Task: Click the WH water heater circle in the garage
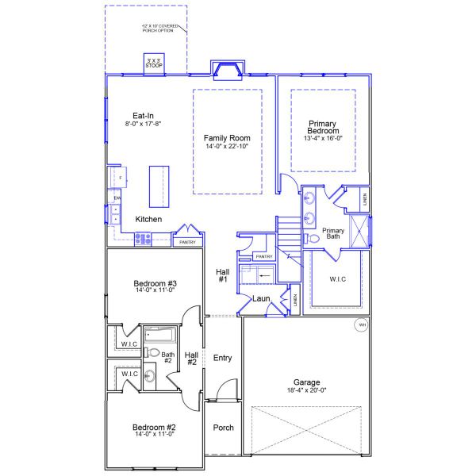[x=362, y=324]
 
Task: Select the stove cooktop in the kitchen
[x=144, y=237]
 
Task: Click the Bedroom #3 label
[x=155, y=284]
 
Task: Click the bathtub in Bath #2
[x=162, y=334]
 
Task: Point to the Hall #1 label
[x=222, y=275]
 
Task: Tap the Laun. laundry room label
[x=262, y=299]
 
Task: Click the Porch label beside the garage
[x=224, y=428]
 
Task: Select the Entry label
[x=223, y=358]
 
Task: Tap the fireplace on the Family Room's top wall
[x=228, y=70]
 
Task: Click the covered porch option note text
[x=162, y=28]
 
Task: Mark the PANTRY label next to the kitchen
[x=188, y=242]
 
